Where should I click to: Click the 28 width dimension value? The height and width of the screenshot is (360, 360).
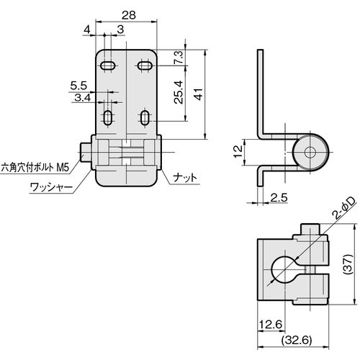129,15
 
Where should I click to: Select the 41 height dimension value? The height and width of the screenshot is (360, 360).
199,94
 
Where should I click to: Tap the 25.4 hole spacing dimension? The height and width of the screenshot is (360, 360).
179,92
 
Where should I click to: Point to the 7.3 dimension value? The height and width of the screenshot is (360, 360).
179,57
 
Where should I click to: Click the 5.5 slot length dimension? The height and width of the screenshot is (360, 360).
78,86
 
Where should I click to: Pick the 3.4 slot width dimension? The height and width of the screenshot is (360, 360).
82,98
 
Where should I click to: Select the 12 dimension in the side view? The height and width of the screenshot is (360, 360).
238,152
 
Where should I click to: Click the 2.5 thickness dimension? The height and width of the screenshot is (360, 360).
279,198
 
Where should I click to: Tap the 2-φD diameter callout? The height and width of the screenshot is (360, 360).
343,208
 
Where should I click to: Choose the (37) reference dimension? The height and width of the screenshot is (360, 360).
348,264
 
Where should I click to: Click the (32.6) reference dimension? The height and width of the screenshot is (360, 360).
297,340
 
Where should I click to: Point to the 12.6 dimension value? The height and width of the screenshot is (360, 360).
270,325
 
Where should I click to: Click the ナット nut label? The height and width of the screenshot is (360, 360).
185,178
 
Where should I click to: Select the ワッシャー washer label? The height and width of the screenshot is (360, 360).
51,188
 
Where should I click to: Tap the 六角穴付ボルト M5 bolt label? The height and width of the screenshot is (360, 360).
35,167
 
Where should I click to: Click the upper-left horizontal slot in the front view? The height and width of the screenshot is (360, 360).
108,66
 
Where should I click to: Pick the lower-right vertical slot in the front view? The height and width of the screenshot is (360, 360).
145,117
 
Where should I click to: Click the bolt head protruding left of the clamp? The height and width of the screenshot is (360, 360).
85,152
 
